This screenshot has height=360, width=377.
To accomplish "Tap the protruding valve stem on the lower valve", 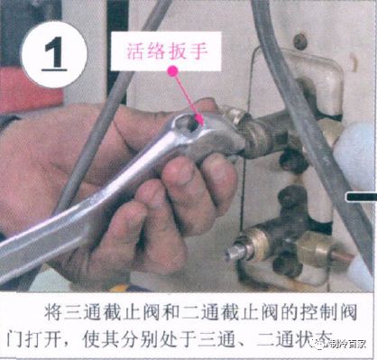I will [237, 252].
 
